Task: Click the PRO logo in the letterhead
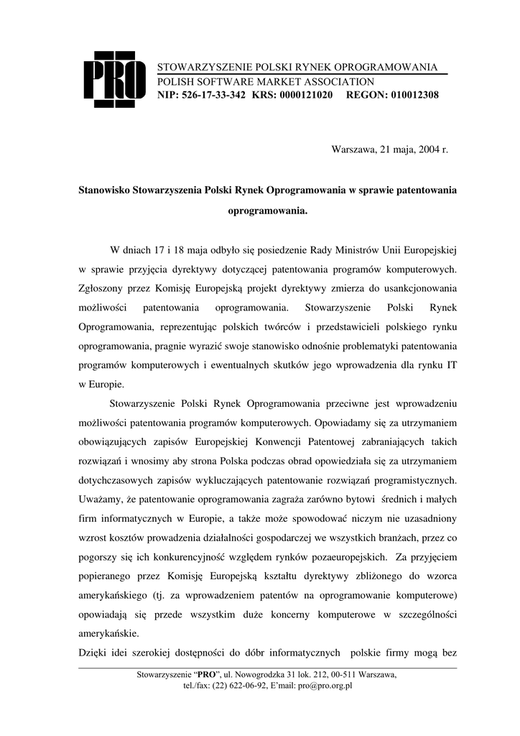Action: (113, 80)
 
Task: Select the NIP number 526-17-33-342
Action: (214, 95)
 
